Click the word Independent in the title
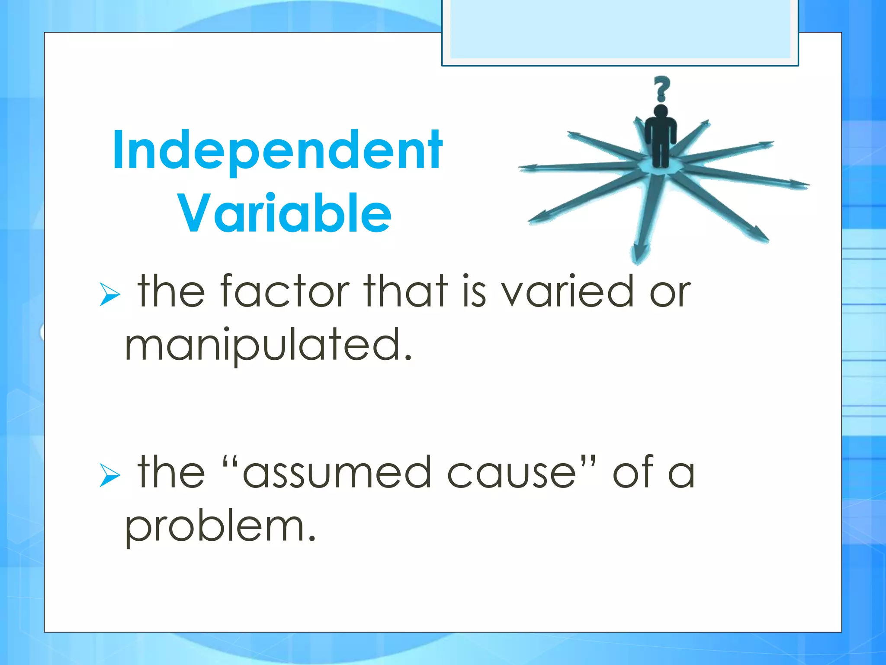(x=277, y=150)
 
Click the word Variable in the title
(x=284, y=213)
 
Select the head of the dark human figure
(x=661, y=111)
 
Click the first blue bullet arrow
(x=109, y=294)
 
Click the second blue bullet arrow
(x=109, y=475)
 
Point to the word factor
(x=285, y=291)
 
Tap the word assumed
(x=337, y=472)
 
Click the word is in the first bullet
(x=474, y=291)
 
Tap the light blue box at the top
(x=620, y=29)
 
